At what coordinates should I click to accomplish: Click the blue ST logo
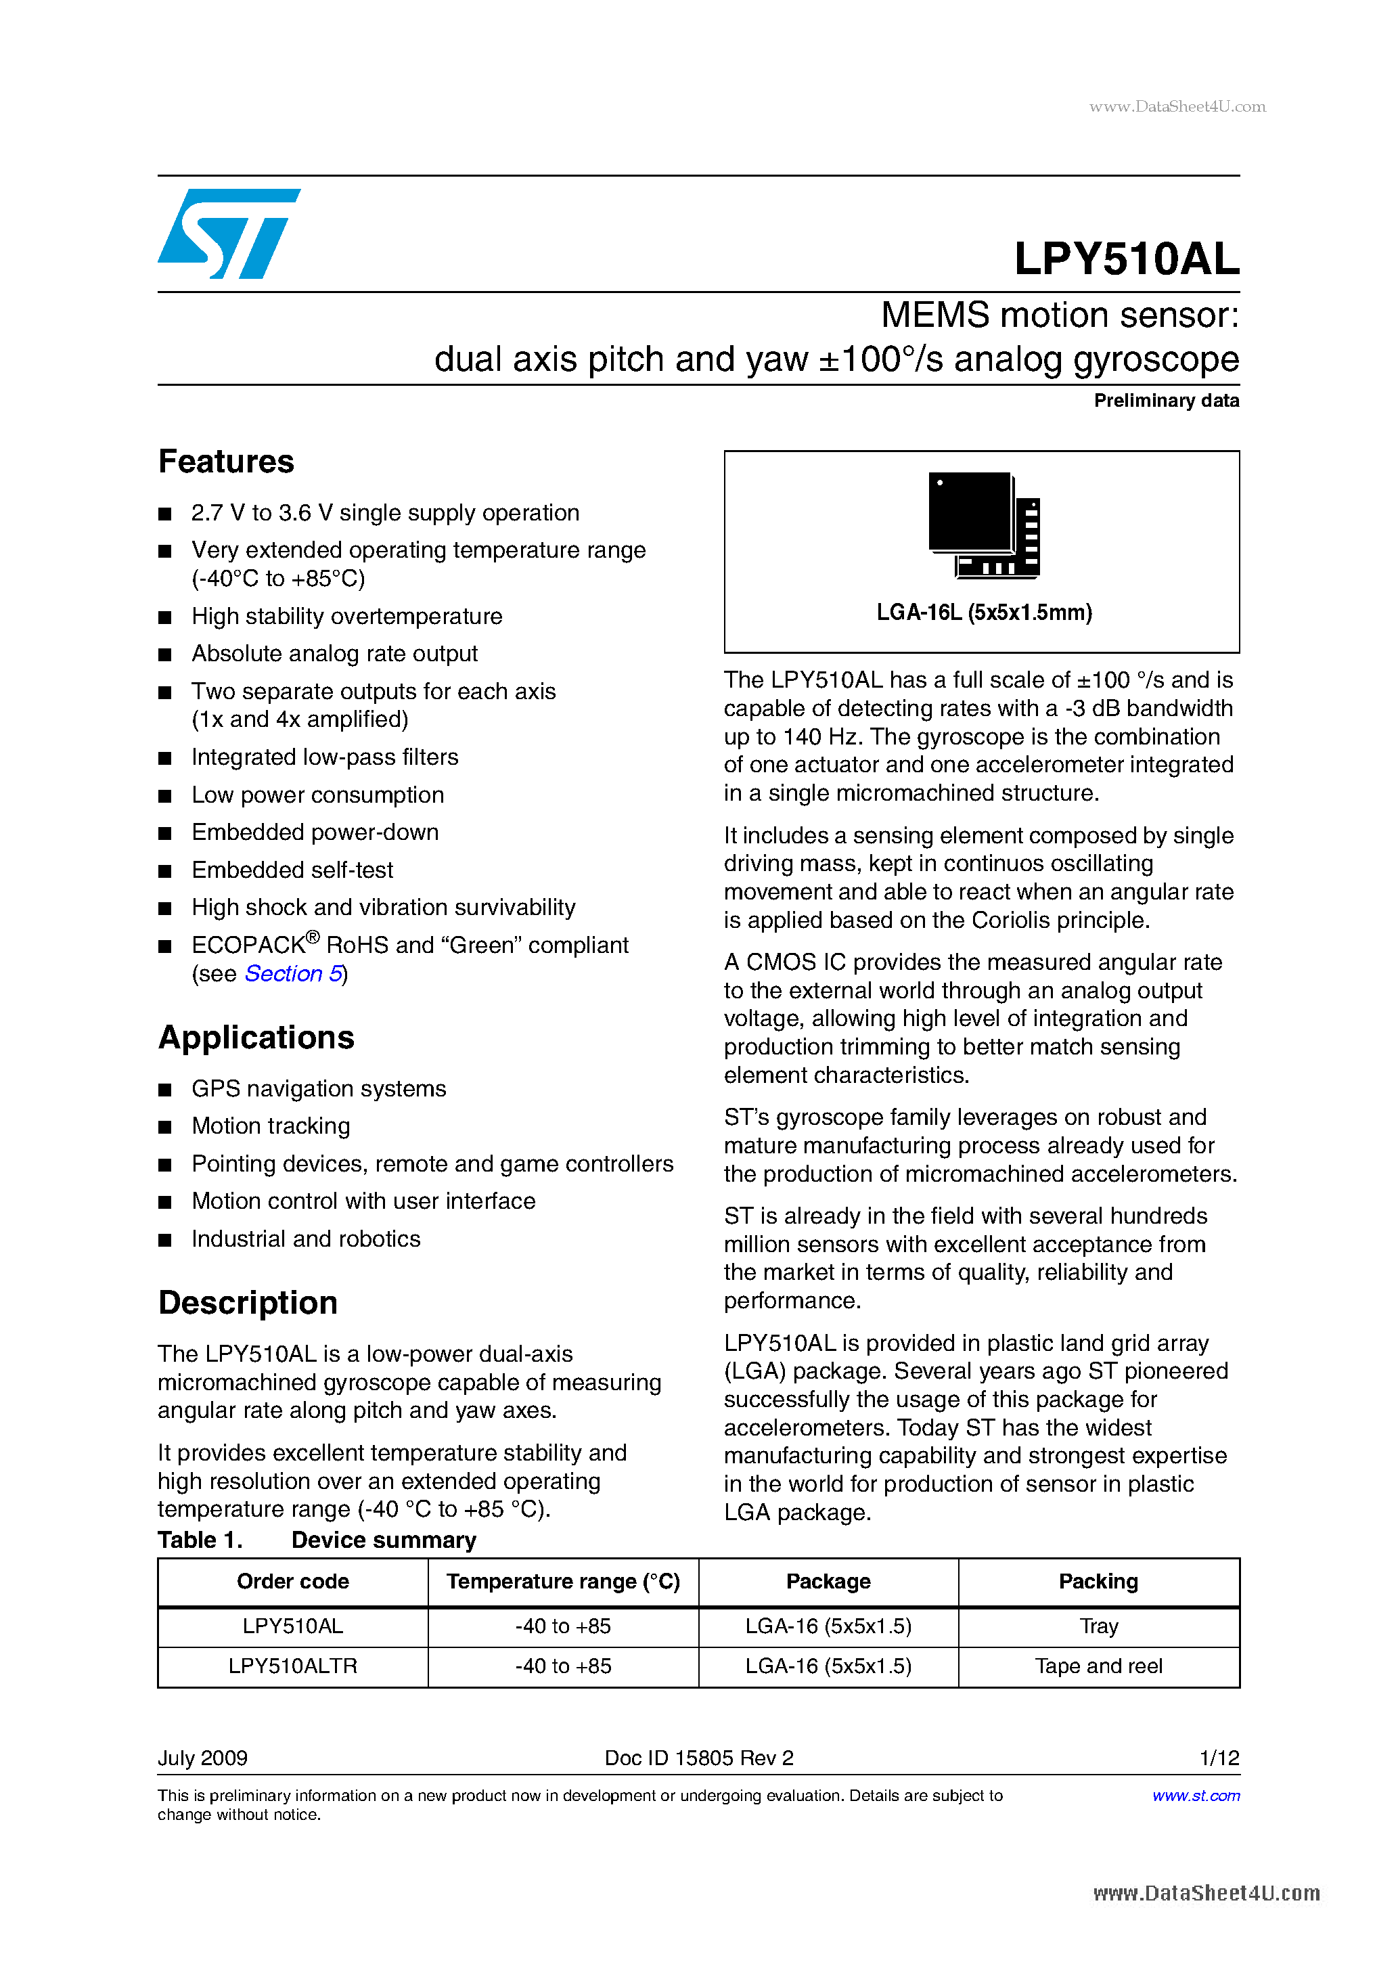pos(229,234)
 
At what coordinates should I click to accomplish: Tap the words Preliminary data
pos(1165,400)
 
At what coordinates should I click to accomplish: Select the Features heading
pos(226,461)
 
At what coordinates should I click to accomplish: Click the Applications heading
pos(256,1037)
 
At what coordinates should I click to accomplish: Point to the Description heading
pos(248,1302)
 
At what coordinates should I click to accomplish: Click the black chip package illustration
pos(983,524)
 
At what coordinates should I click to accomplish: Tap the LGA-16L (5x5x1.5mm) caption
pos(983,612)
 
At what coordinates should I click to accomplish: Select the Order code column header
pos(292,1582)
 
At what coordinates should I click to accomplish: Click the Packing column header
pos(1098,1582)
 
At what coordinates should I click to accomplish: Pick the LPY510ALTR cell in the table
pos(292,1666)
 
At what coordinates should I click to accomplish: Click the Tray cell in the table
pos(1098,1626)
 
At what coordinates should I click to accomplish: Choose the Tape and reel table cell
pos(1098,1666)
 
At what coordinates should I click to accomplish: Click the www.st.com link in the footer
pos(1196,1796)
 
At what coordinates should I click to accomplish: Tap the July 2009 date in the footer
pos(202,1758)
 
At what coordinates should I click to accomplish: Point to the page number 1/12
pos(1219,1758)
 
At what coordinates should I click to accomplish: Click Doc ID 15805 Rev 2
pos(698,1758)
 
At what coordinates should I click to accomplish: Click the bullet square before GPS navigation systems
pos(166,1090)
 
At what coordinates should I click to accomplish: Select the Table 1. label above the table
pos(200,1540)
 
